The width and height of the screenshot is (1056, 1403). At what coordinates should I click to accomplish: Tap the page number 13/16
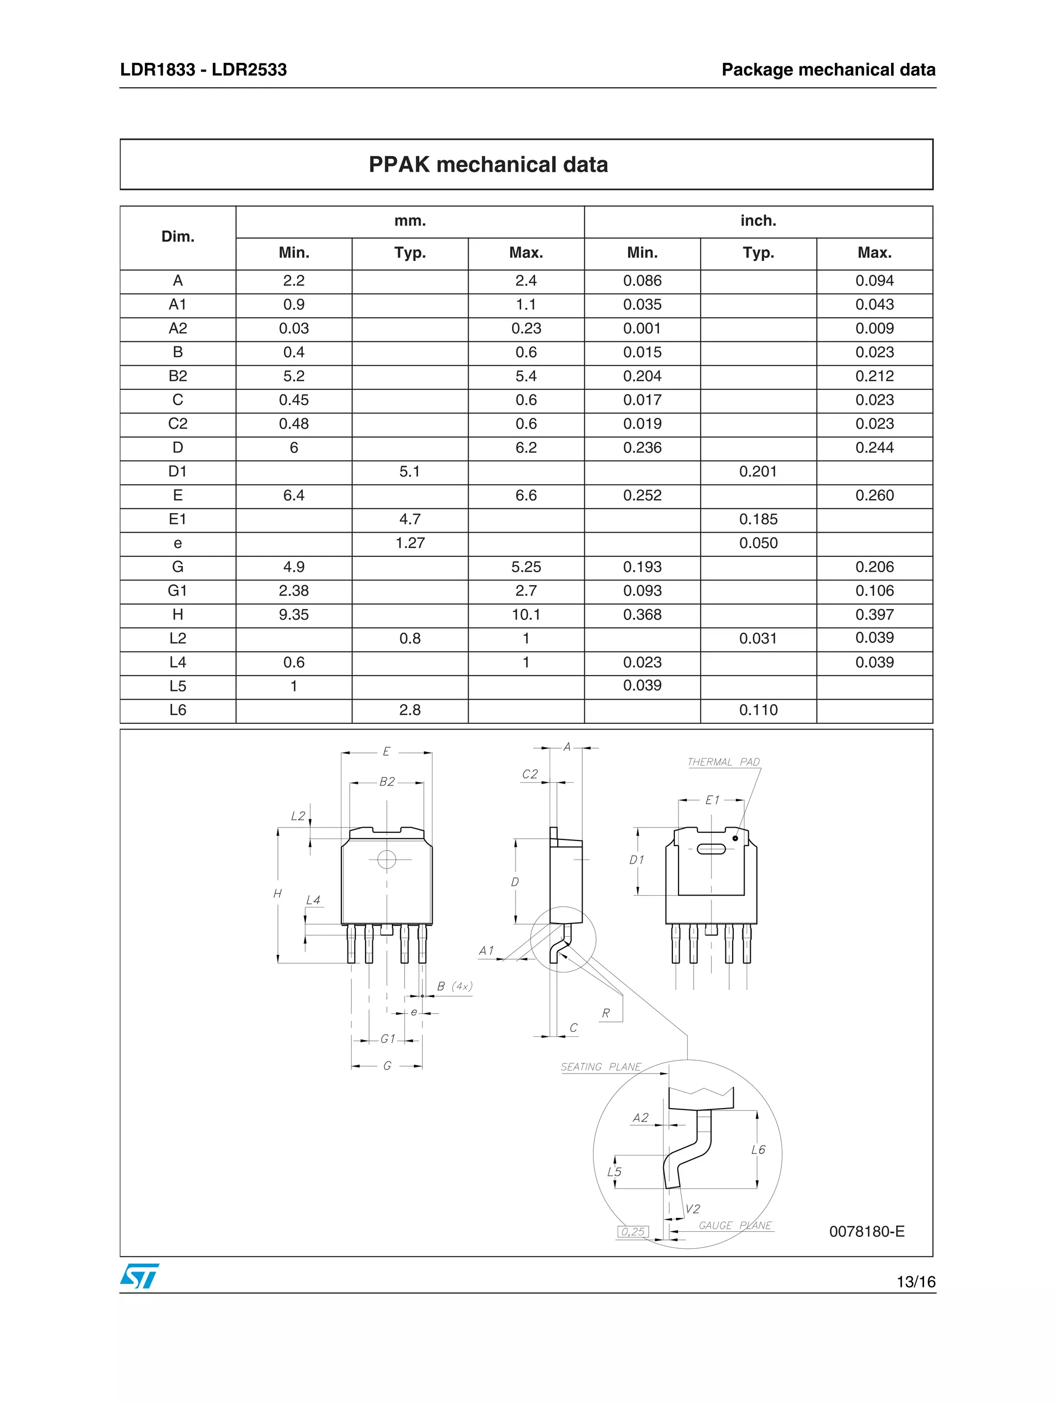[915, 1282]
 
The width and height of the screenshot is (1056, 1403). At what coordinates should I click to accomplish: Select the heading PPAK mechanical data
[488, 165]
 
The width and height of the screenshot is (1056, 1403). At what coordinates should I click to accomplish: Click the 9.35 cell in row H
[294, 615]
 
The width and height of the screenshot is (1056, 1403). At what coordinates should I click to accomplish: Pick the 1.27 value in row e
[410, 543]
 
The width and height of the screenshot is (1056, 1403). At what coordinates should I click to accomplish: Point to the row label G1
[177, 590]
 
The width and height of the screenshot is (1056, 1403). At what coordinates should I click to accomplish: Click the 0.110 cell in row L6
[758, 709]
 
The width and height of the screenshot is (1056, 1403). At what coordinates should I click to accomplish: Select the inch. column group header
[758, 221]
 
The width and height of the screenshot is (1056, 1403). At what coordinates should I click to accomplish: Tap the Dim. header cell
[177, 237]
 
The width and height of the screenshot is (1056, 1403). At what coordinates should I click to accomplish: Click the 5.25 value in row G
[526, 567]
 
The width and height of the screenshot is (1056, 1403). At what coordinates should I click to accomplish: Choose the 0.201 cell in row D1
[758, 471]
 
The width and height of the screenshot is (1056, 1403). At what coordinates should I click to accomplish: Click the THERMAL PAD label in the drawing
[723, 762]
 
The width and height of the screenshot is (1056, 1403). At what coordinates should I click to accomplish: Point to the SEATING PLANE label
[601, 1067]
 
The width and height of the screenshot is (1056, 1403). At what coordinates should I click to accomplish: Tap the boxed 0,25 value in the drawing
[632, 1232]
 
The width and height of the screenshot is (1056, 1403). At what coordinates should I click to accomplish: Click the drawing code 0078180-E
[866, 1231]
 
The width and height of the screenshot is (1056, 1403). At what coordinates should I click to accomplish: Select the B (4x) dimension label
[454, 986]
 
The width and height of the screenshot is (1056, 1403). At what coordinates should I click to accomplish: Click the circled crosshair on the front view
[386, 860]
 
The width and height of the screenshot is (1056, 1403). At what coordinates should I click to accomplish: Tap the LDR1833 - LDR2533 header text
[203, 70]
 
